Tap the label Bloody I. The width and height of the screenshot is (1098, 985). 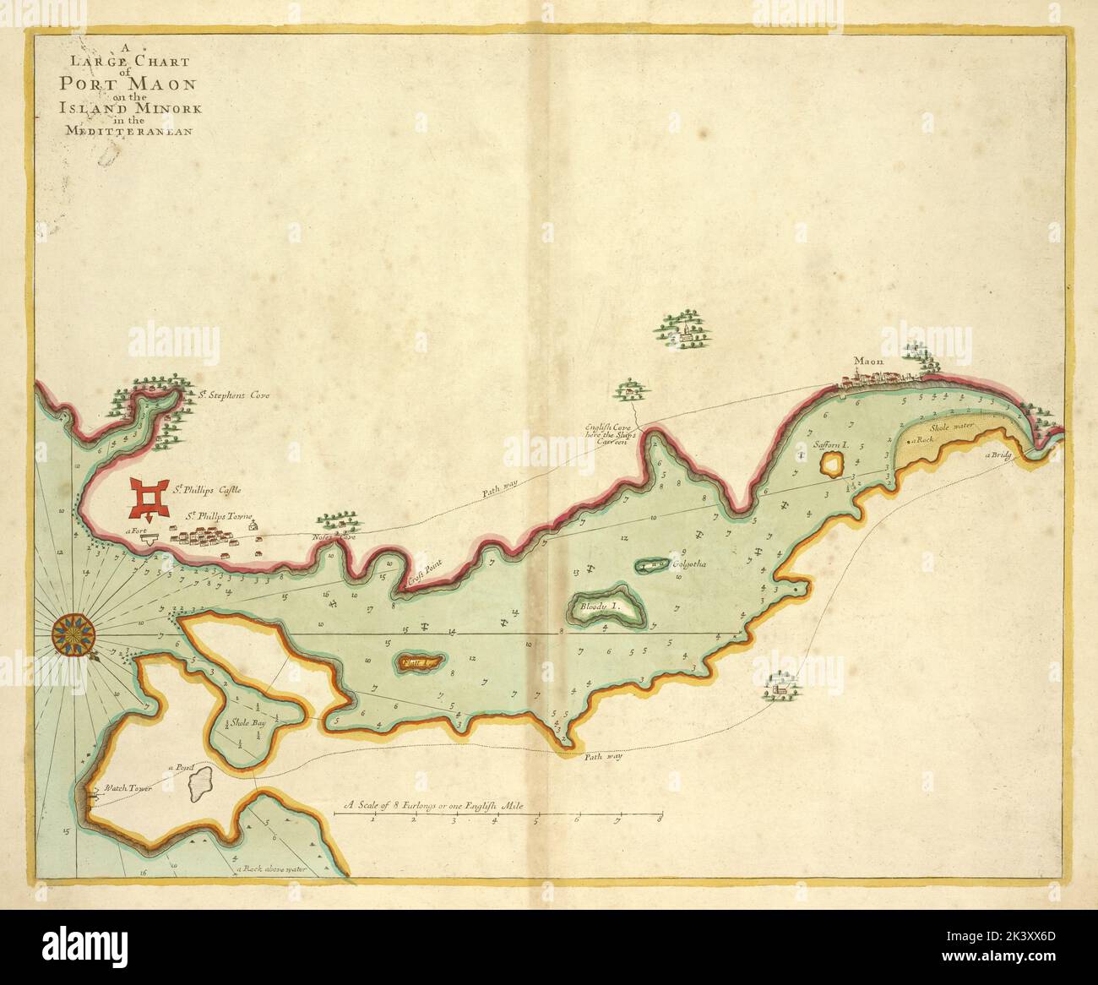[x=601, y=607]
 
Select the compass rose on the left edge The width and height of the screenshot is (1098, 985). [x=74, y=634]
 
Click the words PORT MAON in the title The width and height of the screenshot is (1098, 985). [x=128, y=84]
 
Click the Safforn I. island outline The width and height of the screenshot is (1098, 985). [x=832, y=463]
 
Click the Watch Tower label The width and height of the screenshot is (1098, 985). [x=122, y=788]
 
